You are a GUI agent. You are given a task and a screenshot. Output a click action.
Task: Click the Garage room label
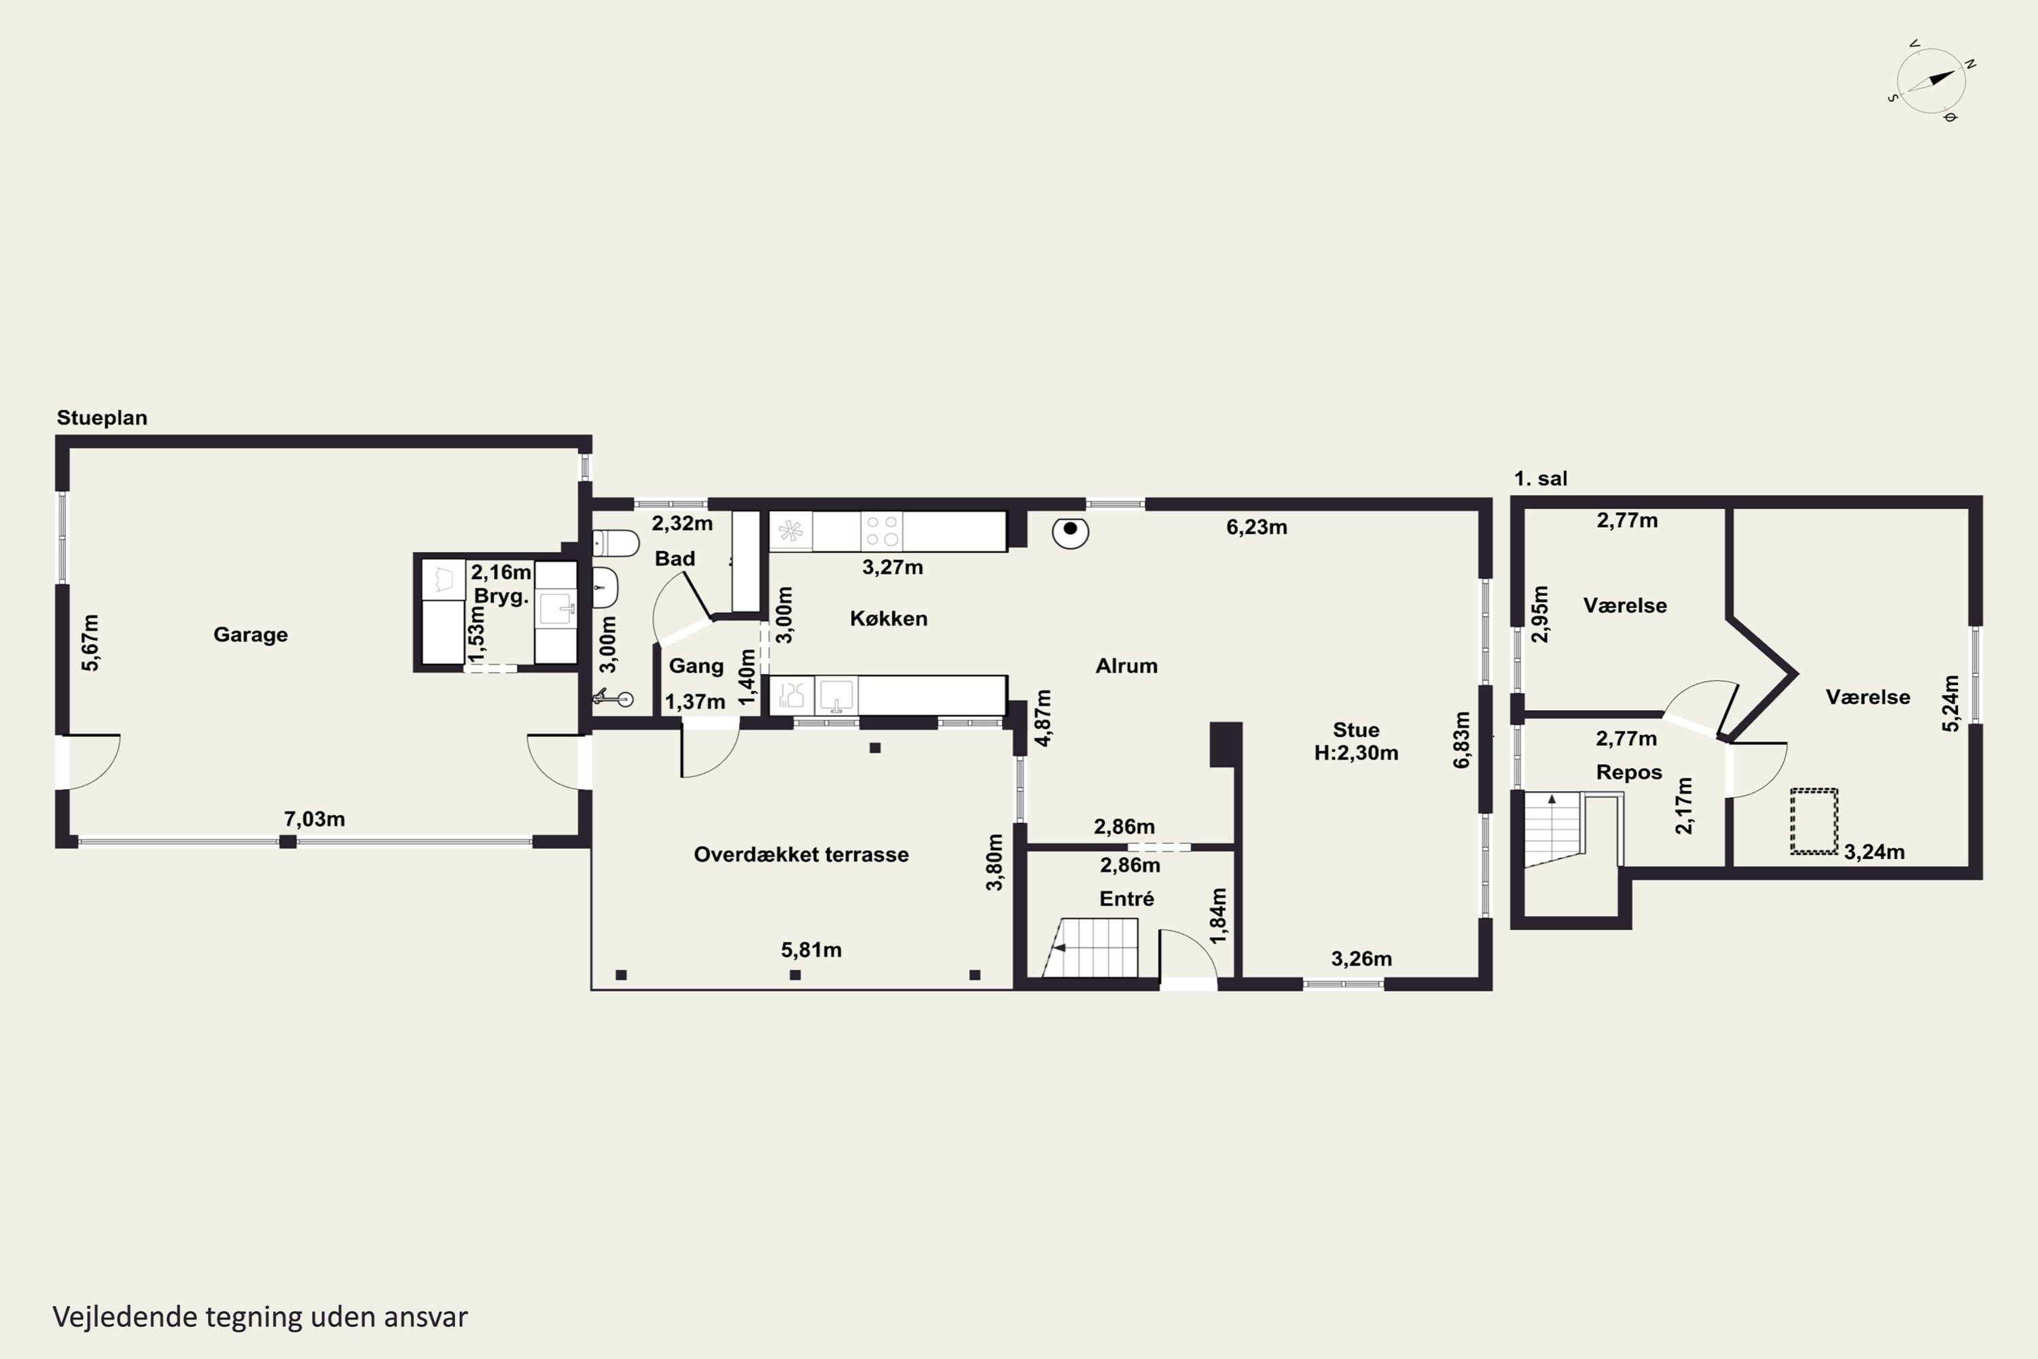[251, 635]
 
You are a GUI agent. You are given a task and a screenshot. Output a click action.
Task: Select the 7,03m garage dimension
[315, 819]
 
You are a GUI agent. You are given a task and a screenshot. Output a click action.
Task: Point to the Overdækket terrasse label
[802, 855]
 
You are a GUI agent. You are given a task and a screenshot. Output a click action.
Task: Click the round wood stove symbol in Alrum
[1070, 531]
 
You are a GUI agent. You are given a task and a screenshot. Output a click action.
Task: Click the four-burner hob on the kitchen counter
[881, 531]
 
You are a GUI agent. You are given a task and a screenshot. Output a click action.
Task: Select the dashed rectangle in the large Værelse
[1814, 821]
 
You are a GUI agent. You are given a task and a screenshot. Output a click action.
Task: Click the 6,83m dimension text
[1463, 739]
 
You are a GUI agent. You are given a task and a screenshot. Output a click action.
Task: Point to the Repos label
[1629, 772]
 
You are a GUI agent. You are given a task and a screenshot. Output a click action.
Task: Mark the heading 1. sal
[1541, 478]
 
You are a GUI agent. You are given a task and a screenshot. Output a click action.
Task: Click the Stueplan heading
[103, 418]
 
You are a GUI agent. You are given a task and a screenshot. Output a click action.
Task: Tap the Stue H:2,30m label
[1356, 741]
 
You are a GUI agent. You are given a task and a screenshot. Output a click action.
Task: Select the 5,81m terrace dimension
[811, 950]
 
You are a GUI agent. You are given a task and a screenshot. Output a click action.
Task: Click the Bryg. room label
[501, 597]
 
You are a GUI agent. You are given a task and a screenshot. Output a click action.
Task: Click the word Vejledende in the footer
[125, 1317]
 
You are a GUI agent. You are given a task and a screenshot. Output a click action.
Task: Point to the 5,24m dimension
[1950, 703]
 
